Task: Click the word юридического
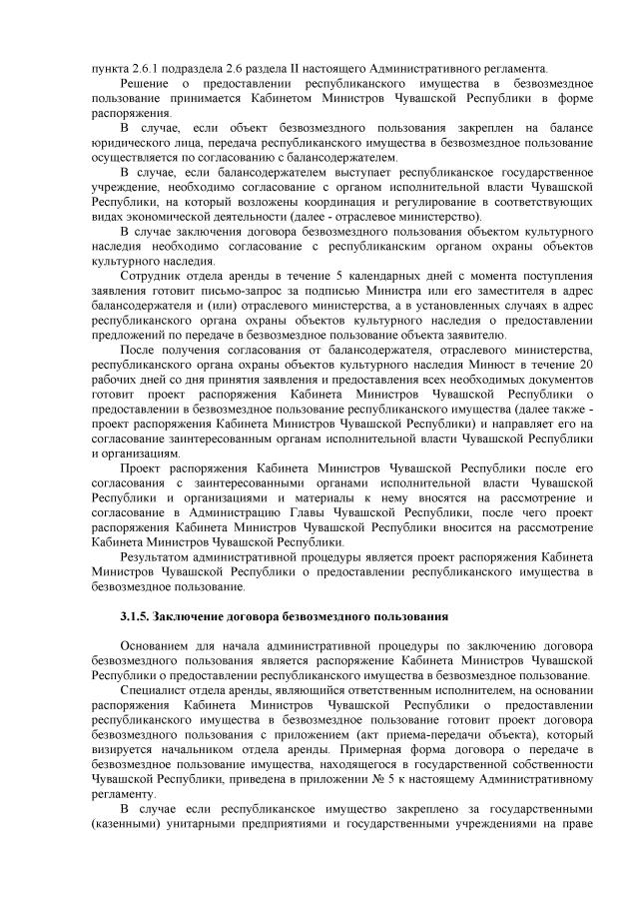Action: (127, 142)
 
